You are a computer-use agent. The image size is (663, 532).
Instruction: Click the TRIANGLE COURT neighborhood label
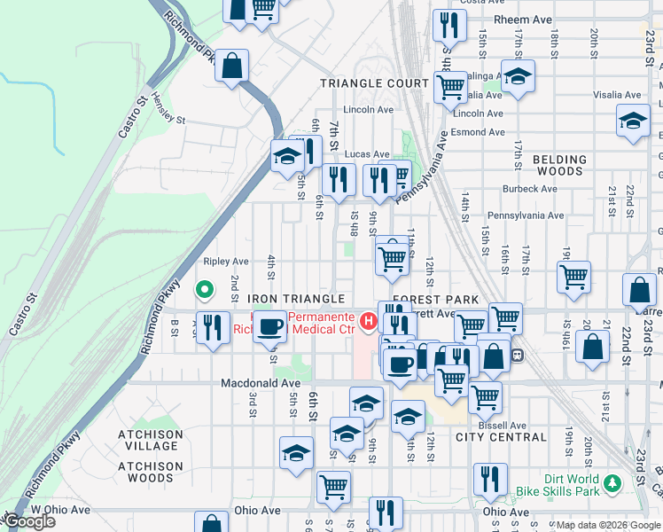(374, 83)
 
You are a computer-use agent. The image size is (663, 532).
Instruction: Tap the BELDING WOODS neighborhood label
(559, 167)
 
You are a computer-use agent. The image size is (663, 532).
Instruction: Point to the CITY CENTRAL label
(501, 437)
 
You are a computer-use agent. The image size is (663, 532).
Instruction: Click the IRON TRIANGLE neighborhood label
(308, 300)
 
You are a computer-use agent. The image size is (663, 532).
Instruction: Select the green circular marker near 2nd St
(204, 289)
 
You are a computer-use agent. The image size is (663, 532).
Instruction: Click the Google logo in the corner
(29, 521)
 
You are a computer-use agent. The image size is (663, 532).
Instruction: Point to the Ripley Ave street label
(226, 262)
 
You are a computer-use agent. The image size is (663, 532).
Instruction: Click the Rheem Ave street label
(502, 20)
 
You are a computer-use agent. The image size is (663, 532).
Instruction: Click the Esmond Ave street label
(478, 132)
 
